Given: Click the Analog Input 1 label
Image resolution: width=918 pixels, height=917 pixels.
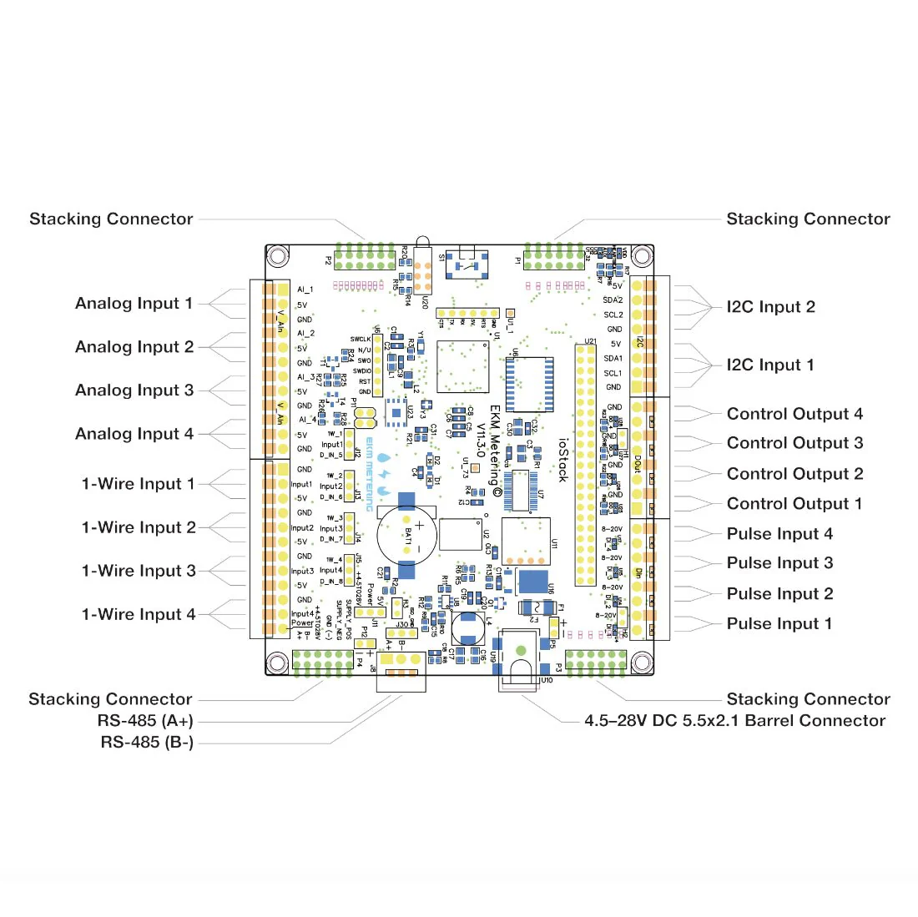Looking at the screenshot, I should tap(134, 304).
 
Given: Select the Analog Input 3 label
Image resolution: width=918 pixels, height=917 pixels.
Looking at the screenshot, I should tap(134, 390).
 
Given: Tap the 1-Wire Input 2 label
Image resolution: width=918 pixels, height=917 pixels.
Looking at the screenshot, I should tap(139, 528).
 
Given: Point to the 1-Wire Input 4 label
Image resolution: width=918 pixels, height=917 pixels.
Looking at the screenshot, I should tap(139, 615).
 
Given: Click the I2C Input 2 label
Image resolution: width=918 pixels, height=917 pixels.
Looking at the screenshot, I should tap(770, 307).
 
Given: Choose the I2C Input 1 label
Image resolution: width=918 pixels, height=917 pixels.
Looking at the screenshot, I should tap(769, 365).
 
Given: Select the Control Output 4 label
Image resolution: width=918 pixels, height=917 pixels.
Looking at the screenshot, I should tap(794, 415).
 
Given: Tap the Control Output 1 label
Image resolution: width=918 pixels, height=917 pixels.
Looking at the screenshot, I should tap(794, 504).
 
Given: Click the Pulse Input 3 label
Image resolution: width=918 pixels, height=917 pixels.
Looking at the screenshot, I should tap(779, 563).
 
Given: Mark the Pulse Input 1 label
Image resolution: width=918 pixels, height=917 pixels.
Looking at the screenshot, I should tap(779, 624).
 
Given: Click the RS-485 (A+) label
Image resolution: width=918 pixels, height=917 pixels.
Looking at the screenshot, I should tap(145, 721).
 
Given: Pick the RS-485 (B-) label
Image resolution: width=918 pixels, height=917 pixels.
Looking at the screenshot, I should tap(147, 743).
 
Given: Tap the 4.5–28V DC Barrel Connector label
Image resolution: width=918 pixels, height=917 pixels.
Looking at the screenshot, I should tap(734, 721).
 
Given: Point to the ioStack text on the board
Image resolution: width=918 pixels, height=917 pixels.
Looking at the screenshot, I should tap(562, 460).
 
